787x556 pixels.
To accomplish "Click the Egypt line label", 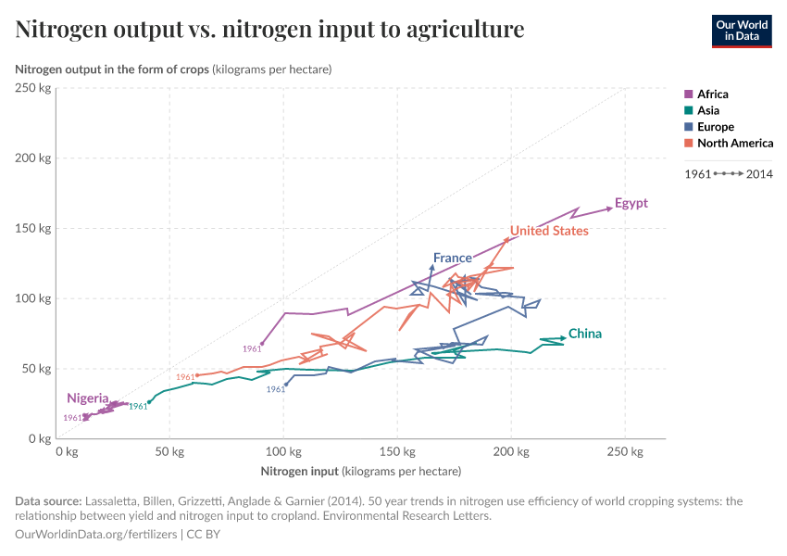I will point(631,204).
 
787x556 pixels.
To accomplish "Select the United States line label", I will point(549,231).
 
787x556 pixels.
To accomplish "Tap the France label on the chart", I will point(452,258).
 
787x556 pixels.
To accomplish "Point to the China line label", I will point(584,334).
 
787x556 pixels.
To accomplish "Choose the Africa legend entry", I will point(712,94).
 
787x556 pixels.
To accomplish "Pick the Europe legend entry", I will point(715,127).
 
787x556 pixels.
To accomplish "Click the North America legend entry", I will point(734,143).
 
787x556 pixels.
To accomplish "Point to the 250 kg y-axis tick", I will point(33,88).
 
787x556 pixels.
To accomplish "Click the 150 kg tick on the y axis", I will point(33,228).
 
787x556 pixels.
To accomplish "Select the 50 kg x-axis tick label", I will point(169,451).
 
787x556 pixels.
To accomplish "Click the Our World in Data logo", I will point(741,30).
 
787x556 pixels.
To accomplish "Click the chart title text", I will point(269,30).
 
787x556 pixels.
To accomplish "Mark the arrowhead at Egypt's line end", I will point(609,208).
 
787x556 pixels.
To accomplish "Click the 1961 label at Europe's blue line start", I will point(276,390).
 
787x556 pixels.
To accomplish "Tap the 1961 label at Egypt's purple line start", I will point(252,349).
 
